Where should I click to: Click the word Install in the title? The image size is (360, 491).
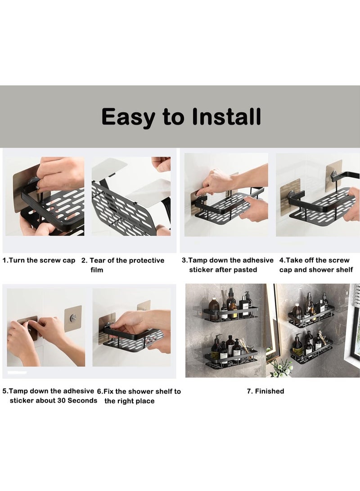coord(226,117)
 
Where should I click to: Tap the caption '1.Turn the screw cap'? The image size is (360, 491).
coord(39,261)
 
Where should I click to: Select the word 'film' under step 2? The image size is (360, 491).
coord(97,270)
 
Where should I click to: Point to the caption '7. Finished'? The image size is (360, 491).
coord(265,391)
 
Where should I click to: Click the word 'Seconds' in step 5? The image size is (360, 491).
coord(82,401)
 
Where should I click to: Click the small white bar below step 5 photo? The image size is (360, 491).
coord(17,372)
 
